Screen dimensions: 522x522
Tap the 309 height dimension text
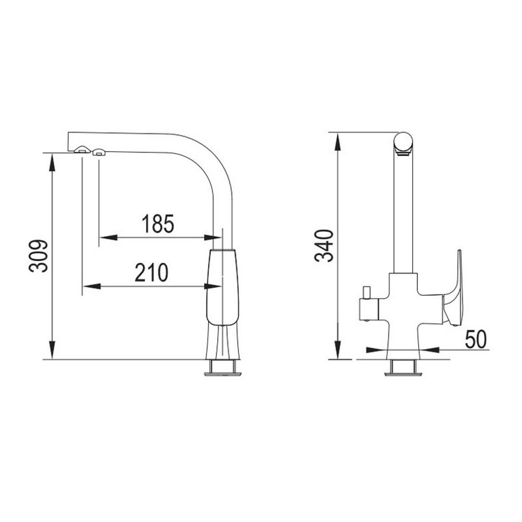(38, 256)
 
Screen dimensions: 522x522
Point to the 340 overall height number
(324, 245)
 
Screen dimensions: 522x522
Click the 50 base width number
(475, 339)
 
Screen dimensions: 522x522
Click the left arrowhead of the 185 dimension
(108, 238)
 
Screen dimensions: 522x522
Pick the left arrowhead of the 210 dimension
(91, 286)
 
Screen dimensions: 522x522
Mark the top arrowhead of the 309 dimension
(51, 162)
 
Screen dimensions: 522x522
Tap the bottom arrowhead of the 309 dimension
(51, 350)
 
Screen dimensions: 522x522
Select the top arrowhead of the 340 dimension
(338, 141)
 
